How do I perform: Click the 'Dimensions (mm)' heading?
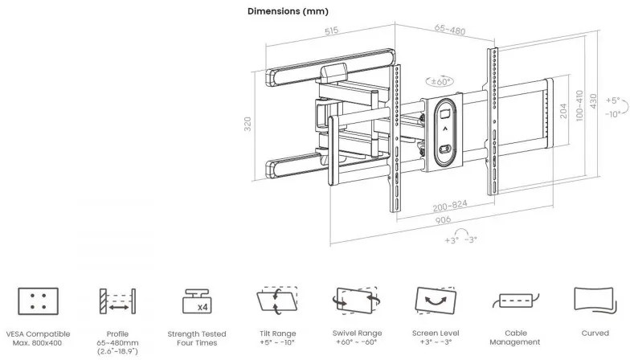288,11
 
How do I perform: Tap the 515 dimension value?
330,31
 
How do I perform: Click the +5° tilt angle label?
614,100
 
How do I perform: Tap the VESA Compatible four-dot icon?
35,302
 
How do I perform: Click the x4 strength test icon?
196,302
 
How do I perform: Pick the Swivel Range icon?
356,303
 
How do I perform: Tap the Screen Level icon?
435,303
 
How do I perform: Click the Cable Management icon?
514,301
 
